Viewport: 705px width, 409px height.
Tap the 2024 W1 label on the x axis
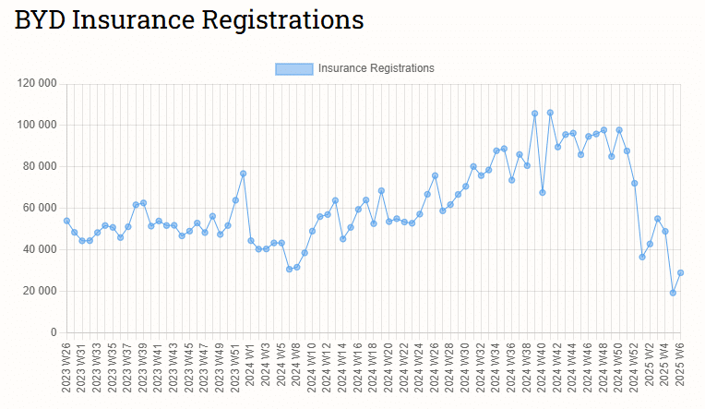click(250, 366)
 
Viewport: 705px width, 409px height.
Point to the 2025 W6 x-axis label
click(680, 366)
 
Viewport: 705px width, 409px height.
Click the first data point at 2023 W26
click(66, 221)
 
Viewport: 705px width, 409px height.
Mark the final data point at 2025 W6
click(680, 272)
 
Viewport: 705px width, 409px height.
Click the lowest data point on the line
click(673, 293)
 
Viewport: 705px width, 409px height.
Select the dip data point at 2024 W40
click(543, 192)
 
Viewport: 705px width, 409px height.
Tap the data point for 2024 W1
click(251, 240)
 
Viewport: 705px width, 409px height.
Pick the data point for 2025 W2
click(650, 244)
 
